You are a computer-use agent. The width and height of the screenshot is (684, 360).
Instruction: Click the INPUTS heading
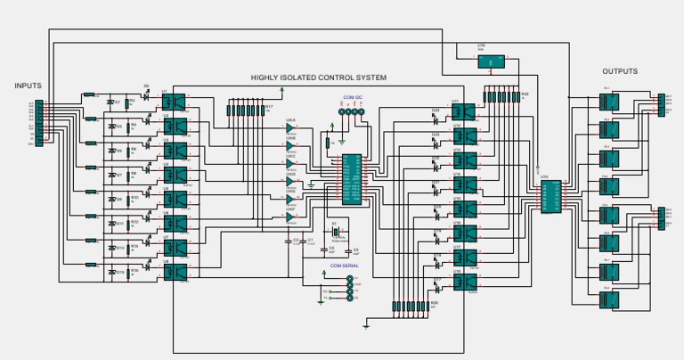[28, 86]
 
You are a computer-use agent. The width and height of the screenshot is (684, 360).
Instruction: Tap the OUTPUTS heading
[620, 71]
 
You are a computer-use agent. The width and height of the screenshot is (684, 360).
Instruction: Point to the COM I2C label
[352, 95]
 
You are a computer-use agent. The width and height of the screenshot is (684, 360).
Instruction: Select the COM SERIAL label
[344, 266]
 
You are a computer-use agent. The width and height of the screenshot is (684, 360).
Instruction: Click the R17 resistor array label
[268, 105]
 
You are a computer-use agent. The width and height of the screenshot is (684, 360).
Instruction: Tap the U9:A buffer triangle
[290, 127]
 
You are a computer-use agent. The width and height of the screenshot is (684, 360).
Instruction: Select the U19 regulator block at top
[489, 61]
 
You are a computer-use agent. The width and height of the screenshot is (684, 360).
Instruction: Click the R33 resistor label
[525, 94]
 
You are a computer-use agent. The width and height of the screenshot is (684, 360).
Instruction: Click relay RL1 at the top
[609, 101]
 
